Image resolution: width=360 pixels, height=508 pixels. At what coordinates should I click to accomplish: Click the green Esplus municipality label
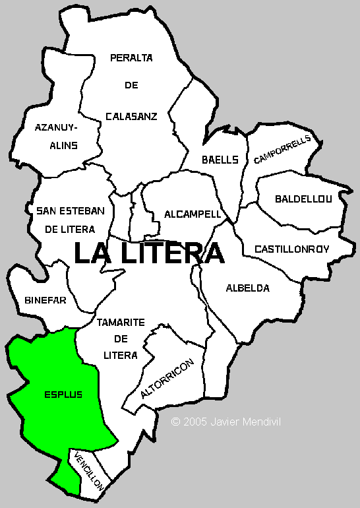pyautogui.click(x=63, y=395)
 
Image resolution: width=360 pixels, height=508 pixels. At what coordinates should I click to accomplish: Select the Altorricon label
pyautogui.click(x=167, y=379)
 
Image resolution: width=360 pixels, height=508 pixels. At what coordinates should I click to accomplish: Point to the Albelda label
pyautogui.click(x=247, y=288)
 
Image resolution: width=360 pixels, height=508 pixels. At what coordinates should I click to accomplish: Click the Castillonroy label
pyautogui.click(x=291, y=249)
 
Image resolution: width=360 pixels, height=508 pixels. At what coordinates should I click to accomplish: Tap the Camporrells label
pyautogui.click(x=282, y=150)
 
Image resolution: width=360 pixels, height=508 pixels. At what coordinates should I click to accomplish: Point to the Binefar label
pyautogui.click(x=45, y=300)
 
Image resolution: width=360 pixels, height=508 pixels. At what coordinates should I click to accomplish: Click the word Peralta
pyautogui.click(x=131, y=58)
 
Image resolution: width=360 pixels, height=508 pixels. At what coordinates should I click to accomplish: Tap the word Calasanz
pyautogui.click(x=131, y=116)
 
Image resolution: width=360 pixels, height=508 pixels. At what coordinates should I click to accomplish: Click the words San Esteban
pyautogui.click(x=71, y=210)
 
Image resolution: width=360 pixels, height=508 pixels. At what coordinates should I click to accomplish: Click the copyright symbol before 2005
pyautogui.click(x=175, y=421)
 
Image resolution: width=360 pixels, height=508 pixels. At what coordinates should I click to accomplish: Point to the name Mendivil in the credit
pyautogui.click(x=261, y=421)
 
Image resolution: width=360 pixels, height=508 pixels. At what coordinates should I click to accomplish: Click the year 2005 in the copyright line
pyautogui.click(x=196, y=421)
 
